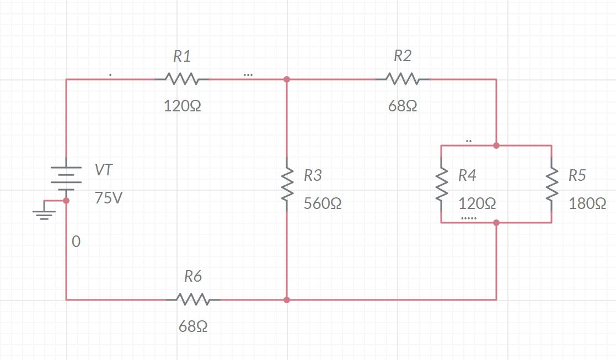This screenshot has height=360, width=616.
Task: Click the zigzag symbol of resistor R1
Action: point(181,79)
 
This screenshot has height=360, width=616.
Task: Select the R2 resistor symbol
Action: point(403,79)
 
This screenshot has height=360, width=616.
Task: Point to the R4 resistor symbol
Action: point(441,184)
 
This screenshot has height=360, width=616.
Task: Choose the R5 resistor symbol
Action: point(551,184)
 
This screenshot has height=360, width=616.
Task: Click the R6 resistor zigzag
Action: point(193,300)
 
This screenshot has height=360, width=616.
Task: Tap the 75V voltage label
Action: point(108,198)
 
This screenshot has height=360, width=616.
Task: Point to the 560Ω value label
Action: point(323,204)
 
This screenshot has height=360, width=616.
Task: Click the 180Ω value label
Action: point(587,204)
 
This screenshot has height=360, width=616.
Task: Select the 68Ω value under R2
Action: point(403,106)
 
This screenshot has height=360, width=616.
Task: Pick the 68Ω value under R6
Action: point(193,327)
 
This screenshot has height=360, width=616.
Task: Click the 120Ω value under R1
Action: point(182,106)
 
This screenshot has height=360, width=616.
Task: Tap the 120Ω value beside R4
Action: point(477,204)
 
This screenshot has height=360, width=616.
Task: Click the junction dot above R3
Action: point(287,79)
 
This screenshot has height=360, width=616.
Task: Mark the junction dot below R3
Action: point(287,300)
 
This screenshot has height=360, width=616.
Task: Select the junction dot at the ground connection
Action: point(66,201)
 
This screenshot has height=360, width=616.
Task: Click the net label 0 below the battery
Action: point(76,241)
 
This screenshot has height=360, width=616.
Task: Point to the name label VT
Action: point(104,170)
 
